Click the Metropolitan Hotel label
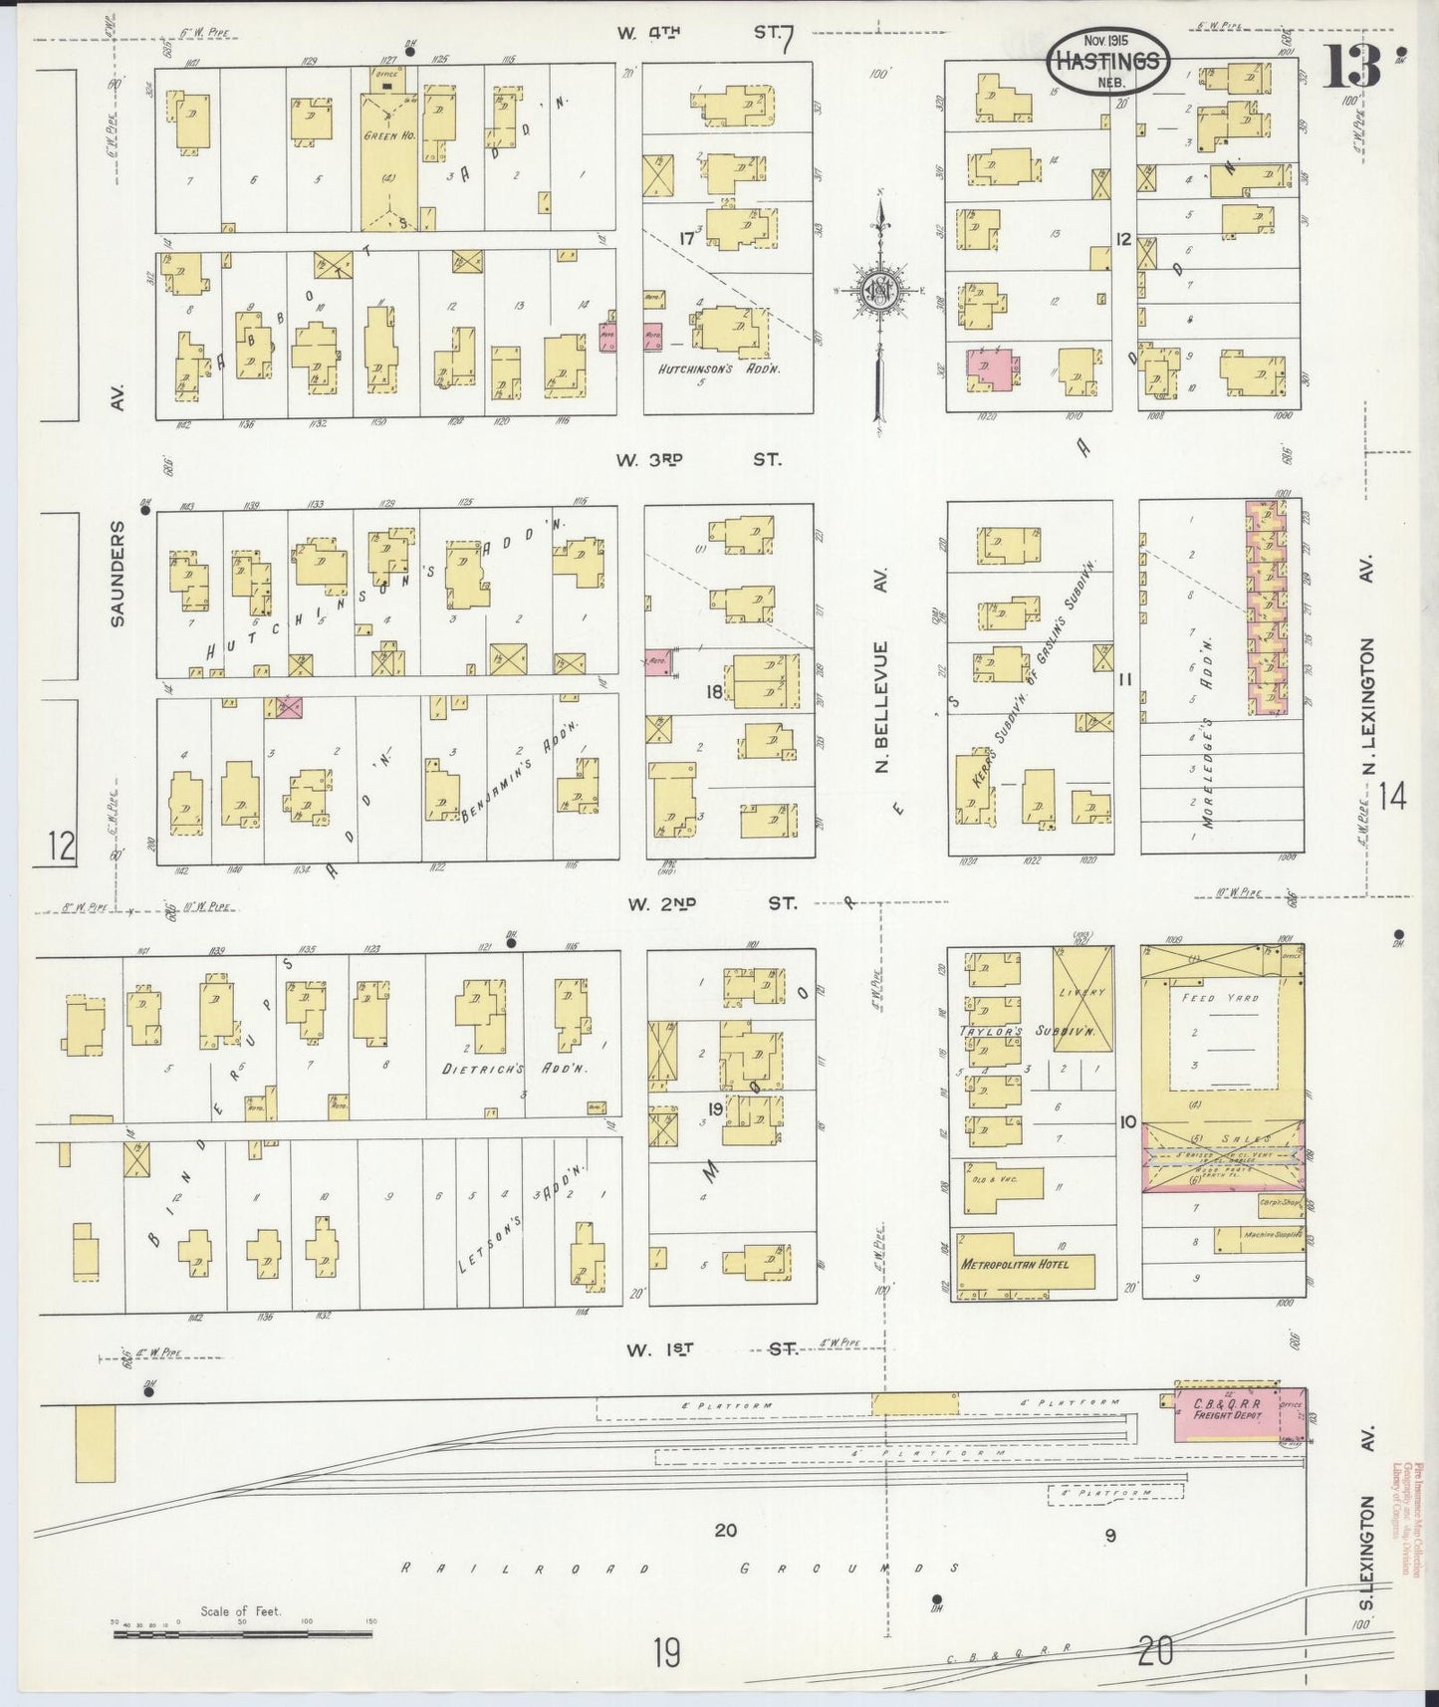1014,1264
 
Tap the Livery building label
1083,993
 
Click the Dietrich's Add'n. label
515,1068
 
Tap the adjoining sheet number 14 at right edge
1394,796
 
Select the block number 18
715,690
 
